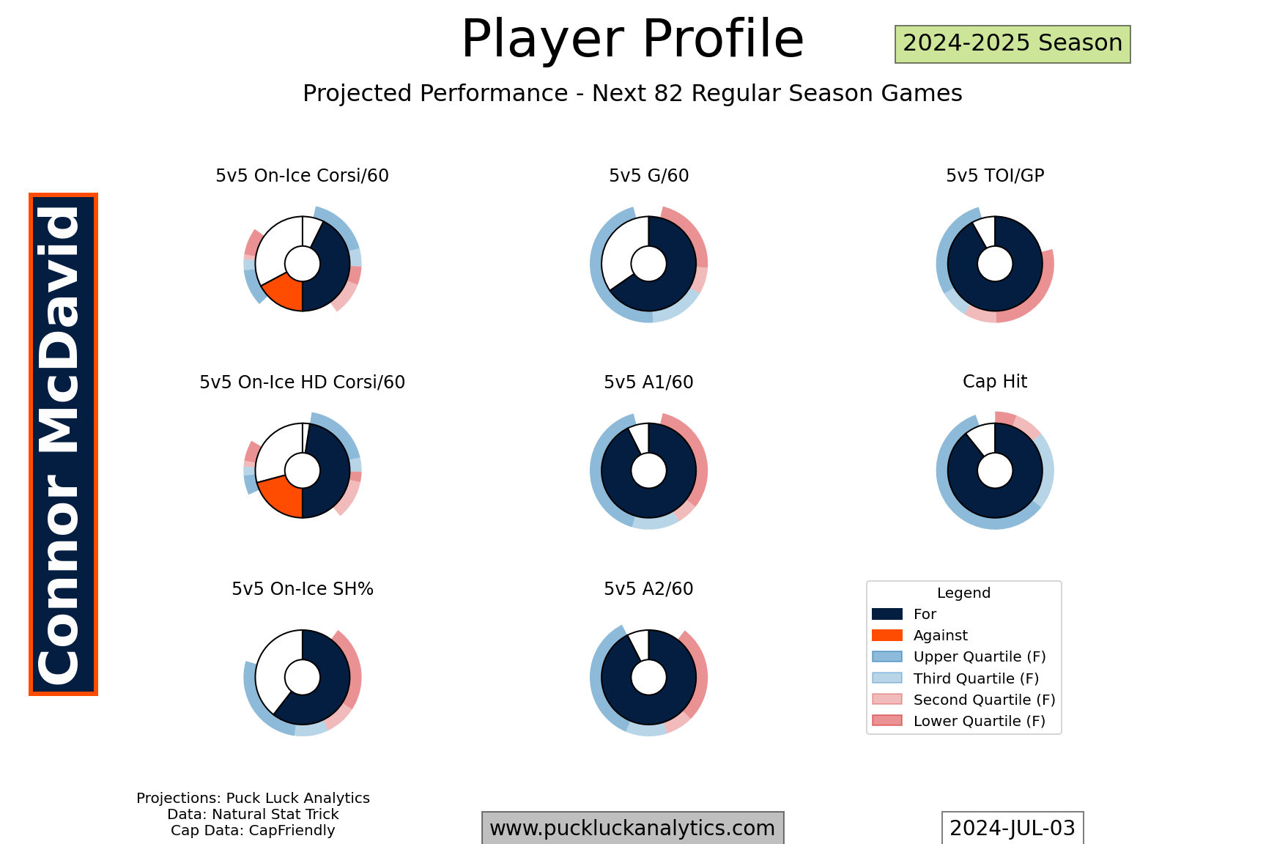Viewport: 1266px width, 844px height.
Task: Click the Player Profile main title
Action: (632, 39)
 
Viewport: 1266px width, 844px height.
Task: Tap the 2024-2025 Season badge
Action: (1013, 44)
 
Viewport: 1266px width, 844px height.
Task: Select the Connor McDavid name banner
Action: (63, 444)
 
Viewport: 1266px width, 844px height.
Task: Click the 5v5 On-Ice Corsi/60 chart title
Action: (302, 176)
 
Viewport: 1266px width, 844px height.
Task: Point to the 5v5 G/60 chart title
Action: (648, 176)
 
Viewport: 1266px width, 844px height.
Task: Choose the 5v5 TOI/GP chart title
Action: (995, 176)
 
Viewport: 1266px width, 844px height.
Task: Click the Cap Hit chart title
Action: (995, 382)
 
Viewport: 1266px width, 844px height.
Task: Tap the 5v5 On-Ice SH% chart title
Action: (302, 589)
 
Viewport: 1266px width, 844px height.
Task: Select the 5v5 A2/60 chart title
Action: (648, 589)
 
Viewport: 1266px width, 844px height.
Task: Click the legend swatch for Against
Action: (886, 635)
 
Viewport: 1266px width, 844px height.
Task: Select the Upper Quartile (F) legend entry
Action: (959, 657)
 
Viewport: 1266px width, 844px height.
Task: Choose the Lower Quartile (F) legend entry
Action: (959, 721)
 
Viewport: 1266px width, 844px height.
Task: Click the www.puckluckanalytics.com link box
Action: (632, 828)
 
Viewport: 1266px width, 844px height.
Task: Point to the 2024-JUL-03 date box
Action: (1012, 828)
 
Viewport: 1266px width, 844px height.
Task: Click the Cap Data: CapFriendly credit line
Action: (253, 831)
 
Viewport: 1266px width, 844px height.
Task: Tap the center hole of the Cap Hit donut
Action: (995, 470)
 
